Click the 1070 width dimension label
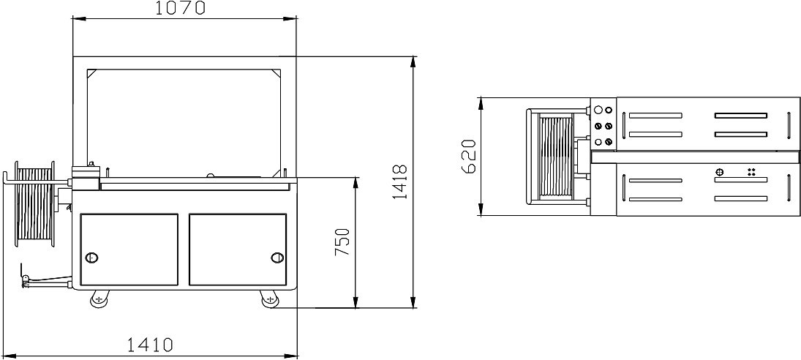pyautogui.click(x=180, y=7)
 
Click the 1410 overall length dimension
pyautogui.click(x=150, y=345)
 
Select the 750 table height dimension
pyautogui.click(x=342, y=242)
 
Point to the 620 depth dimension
pyautogui.click(x=468, y=157)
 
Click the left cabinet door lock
pyautogui.click(x=92, y=258)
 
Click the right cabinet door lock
pyautogui.click(x=277, y=258)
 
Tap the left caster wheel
pyautogui.click(x=99, y=299)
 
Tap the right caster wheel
pyautogui.click(x=270, y=299)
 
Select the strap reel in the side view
pyautogui.click(x=34, y=204)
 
